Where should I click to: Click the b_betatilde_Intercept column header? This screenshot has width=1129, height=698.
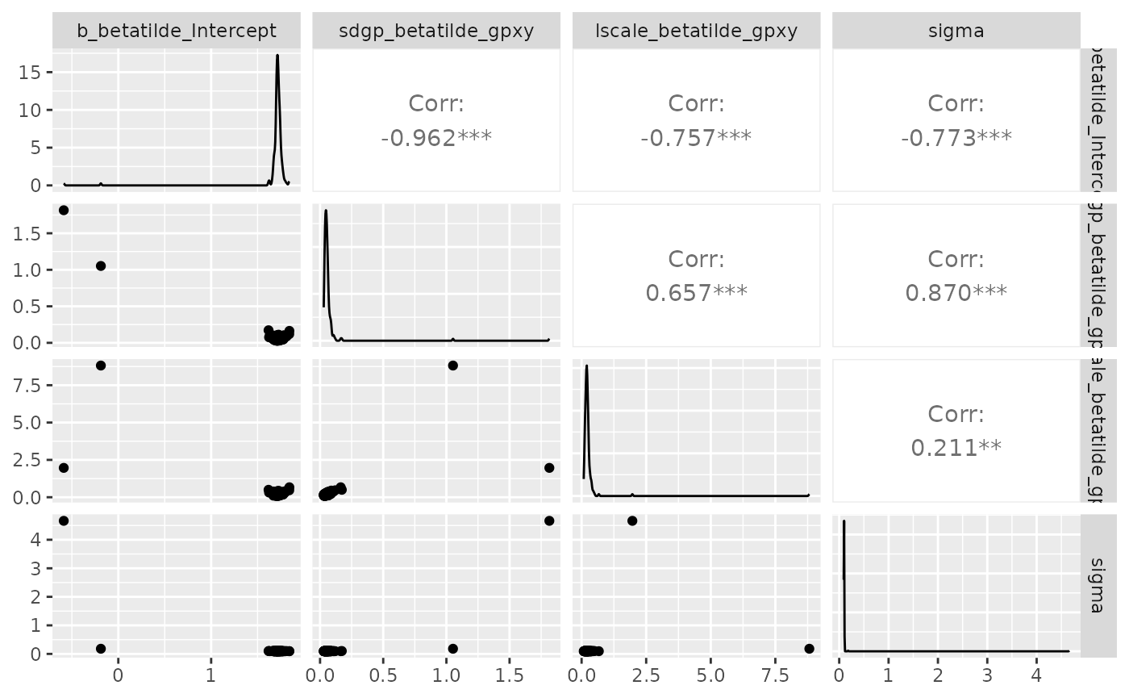[x=177, y=31]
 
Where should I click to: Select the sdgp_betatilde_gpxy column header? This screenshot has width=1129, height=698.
[x=435, y=31]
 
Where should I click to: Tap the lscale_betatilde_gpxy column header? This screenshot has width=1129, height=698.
[x=696, y=31]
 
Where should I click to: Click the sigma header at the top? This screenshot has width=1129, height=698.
[x=956, y=31]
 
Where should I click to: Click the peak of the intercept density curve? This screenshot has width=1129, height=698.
[x=277, y=56]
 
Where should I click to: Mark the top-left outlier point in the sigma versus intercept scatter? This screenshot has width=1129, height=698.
[x=64, y=520]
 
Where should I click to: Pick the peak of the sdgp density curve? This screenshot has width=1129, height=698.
[x=326, y=211]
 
